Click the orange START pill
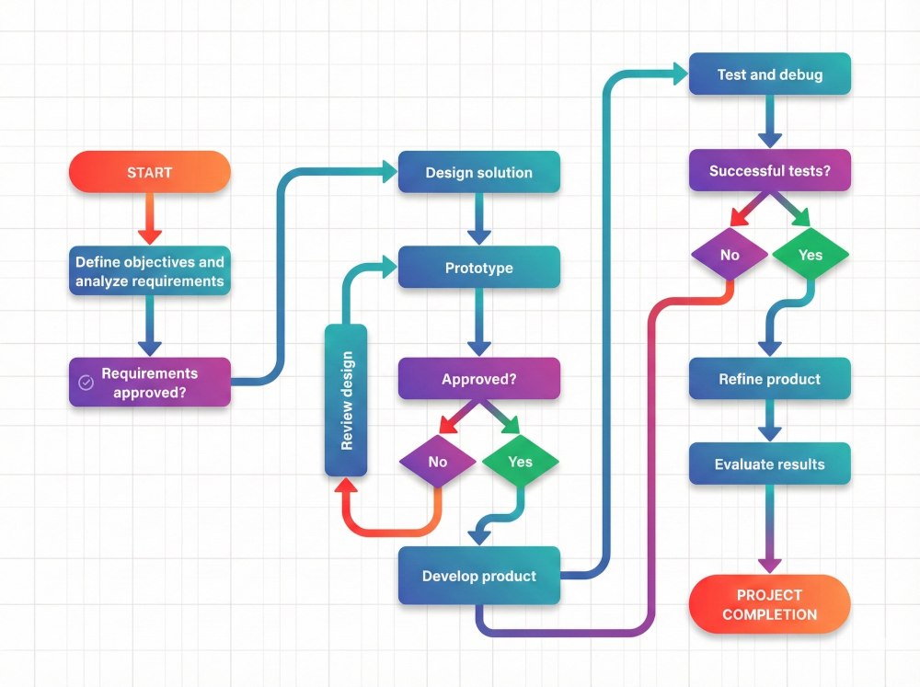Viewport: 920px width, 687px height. point(149,172)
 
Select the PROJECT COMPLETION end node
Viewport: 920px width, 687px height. point(769,604)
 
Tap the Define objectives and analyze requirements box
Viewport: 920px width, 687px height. point(149,271)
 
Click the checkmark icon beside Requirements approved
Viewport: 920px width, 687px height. point(86,383)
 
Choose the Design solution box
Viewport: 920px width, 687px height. point(478,172)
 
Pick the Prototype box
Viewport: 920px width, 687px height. point(478,268)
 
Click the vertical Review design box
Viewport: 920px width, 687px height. point(346,400)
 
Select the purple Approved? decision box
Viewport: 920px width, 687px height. point(478,378)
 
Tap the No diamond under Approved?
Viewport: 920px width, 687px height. point(438,462)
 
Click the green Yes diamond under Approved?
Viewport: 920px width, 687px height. point(520,462)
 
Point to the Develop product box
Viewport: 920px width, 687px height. point(478,576)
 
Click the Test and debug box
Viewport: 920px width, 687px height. point(769,74)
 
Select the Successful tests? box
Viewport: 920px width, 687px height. point(769,171)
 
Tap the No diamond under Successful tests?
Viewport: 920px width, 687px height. point(730,255)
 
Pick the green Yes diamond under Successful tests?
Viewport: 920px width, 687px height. point(810,255)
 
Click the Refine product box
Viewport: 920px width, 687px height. point(769,378)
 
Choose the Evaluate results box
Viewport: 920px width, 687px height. point(769,464)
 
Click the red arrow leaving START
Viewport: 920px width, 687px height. point(149,218)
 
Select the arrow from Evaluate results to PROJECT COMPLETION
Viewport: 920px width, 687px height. point(769,529)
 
